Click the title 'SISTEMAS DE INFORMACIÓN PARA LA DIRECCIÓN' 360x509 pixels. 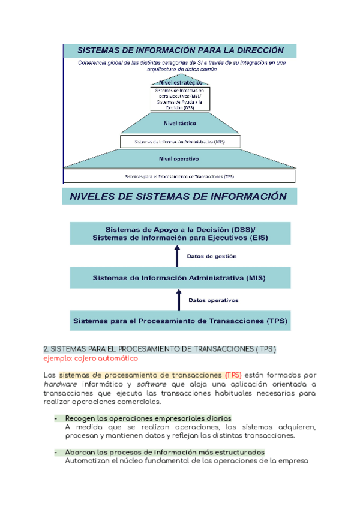[x=180, y=50]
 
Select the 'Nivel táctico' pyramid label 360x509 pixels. [x=180, y=124]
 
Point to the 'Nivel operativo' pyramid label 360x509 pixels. [x=179, y=159]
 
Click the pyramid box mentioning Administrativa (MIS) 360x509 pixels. [x=179, y=142]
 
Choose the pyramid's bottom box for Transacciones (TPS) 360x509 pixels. [x=179, y=176]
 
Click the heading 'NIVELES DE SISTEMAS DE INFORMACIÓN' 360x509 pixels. [x=179, y=196]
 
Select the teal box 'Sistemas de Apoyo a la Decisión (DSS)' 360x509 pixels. [x=180, y=234]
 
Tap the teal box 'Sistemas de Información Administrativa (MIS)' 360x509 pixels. [x=180, y=278]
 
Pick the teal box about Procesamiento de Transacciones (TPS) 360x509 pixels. [x=180, y=321]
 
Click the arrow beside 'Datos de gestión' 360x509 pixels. [x=178, y=256]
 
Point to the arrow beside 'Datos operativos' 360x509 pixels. [x=178, y=300]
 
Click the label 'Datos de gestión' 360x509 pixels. [x=212, y=256]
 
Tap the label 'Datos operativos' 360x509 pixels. [x=214, y=300]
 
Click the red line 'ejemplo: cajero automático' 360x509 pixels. [x=91, y=358]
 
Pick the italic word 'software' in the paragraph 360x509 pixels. [x=152, y=384]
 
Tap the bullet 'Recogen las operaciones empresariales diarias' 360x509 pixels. [x=148, y=418]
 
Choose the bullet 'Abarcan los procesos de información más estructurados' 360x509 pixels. [x=165, y=452]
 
